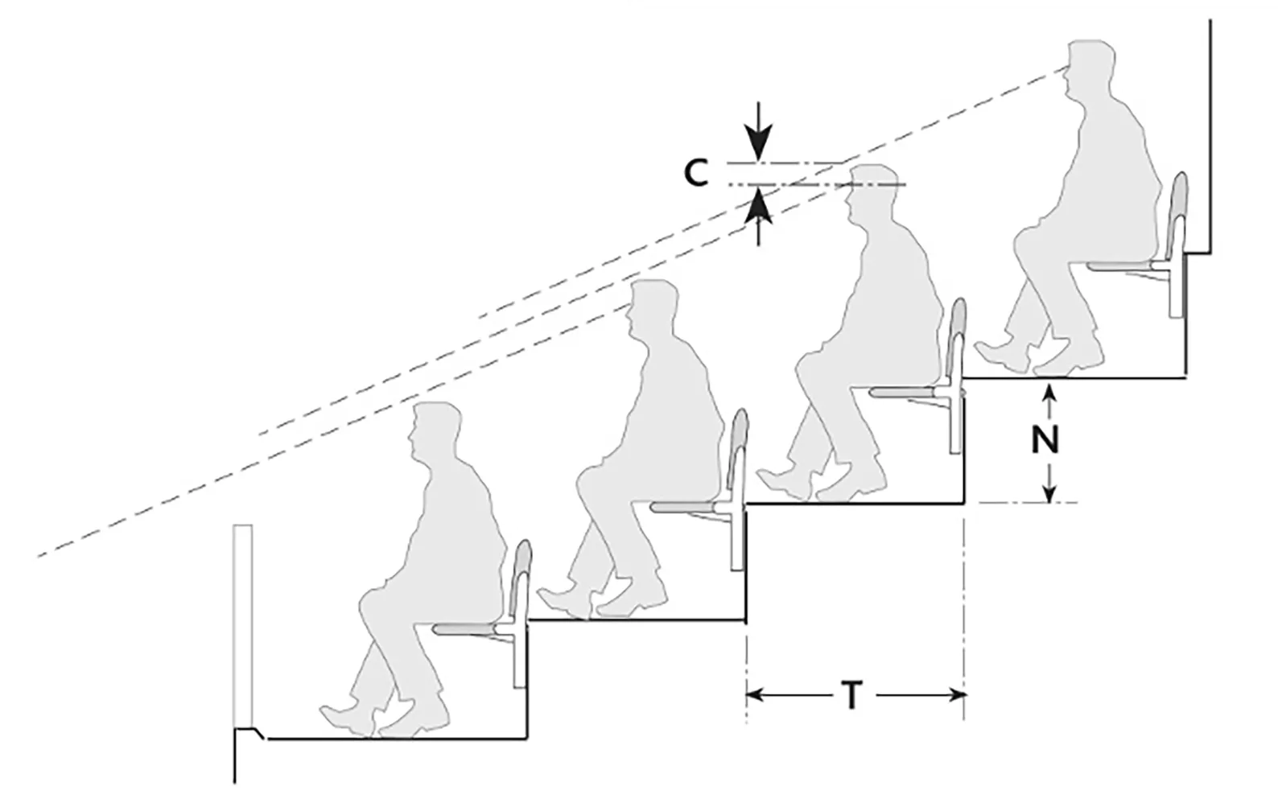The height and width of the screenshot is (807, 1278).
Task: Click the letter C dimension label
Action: click(696, 173)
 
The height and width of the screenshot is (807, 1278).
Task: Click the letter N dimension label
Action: click(1045, 440)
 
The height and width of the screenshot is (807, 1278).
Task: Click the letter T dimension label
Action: click(853, 695)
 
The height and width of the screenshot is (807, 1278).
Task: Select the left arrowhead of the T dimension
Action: click(756, 694)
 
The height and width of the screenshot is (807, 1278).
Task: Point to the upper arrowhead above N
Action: click(1048, 392)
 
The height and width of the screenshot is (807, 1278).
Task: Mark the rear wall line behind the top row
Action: click(1210, 129)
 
